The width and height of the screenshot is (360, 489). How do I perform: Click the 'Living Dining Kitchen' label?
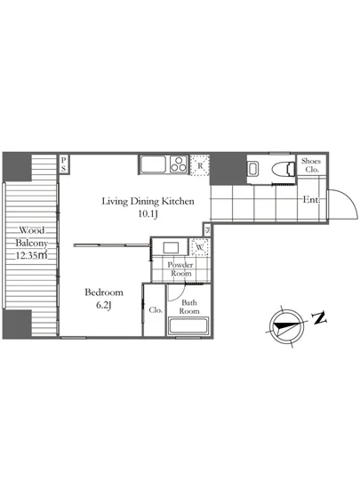[148, 201]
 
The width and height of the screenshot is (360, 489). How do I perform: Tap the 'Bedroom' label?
[104, 293]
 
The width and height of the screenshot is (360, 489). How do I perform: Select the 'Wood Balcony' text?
[32, 236]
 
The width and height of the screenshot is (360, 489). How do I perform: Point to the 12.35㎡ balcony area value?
[31, 255]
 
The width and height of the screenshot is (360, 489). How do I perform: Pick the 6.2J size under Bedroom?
[104, 305]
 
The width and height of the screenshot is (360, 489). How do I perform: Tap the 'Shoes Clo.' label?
[311, 165]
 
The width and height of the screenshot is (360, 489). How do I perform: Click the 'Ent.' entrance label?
[311, 200]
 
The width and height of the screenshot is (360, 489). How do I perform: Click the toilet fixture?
[284, 169]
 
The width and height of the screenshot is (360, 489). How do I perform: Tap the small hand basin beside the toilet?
[252, 169]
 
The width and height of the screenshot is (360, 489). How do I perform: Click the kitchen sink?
[153, 164]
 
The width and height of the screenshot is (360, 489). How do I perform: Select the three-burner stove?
[179, 164]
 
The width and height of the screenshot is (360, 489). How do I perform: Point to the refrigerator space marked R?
[199, 165]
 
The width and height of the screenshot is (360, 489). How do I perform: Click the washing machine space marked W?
[200, 248]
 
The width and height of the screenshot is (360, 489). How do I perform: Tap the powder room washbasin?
[171, 248]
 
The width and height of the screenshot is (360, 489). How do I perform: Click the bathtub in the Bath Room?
[188, 326]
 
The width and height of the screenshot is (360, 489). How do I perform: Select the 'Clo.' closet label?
[156, 310]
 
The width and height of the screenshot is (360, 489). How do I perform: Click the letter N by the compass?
[319, 317]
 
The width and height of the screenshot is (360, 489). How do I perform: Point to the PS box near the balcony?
[64, 164]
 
